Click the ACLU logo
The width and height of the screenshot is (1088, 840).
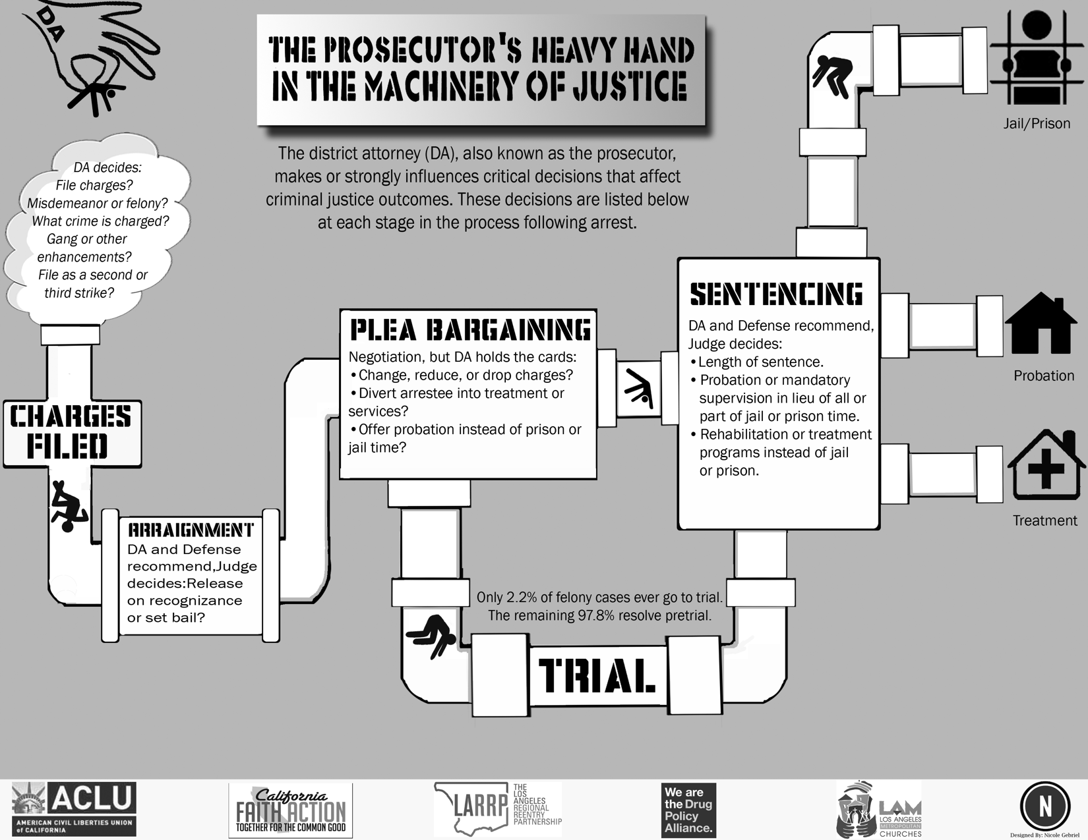click(74, 808)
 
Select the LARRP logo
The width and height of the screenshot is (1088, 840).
click(497, 809)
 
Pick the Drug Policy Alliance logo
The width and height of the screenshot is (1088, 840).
click(688, 810)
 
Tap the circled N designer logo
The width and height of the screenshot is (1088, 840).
click(1044, 806)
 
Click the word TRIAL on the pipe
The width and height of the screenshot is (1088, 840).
click(597, 675)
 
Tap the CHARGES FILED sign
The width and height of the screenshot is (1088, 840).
click(71, 432)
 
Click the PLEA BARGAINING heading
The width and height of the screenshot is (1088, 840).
click(469, 330)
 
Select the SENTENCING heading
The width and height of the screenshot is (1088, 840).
click(776, 294)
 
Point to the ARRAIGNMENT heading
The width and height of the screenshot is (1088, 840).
click(191, 530)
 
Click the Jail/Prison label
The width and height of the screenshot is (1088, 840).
click(1037, 124)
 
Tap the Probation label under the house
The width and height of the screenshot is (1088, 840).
click(1044, 376)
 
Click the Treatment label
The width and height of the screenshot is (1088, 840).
click(1044, 520)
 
